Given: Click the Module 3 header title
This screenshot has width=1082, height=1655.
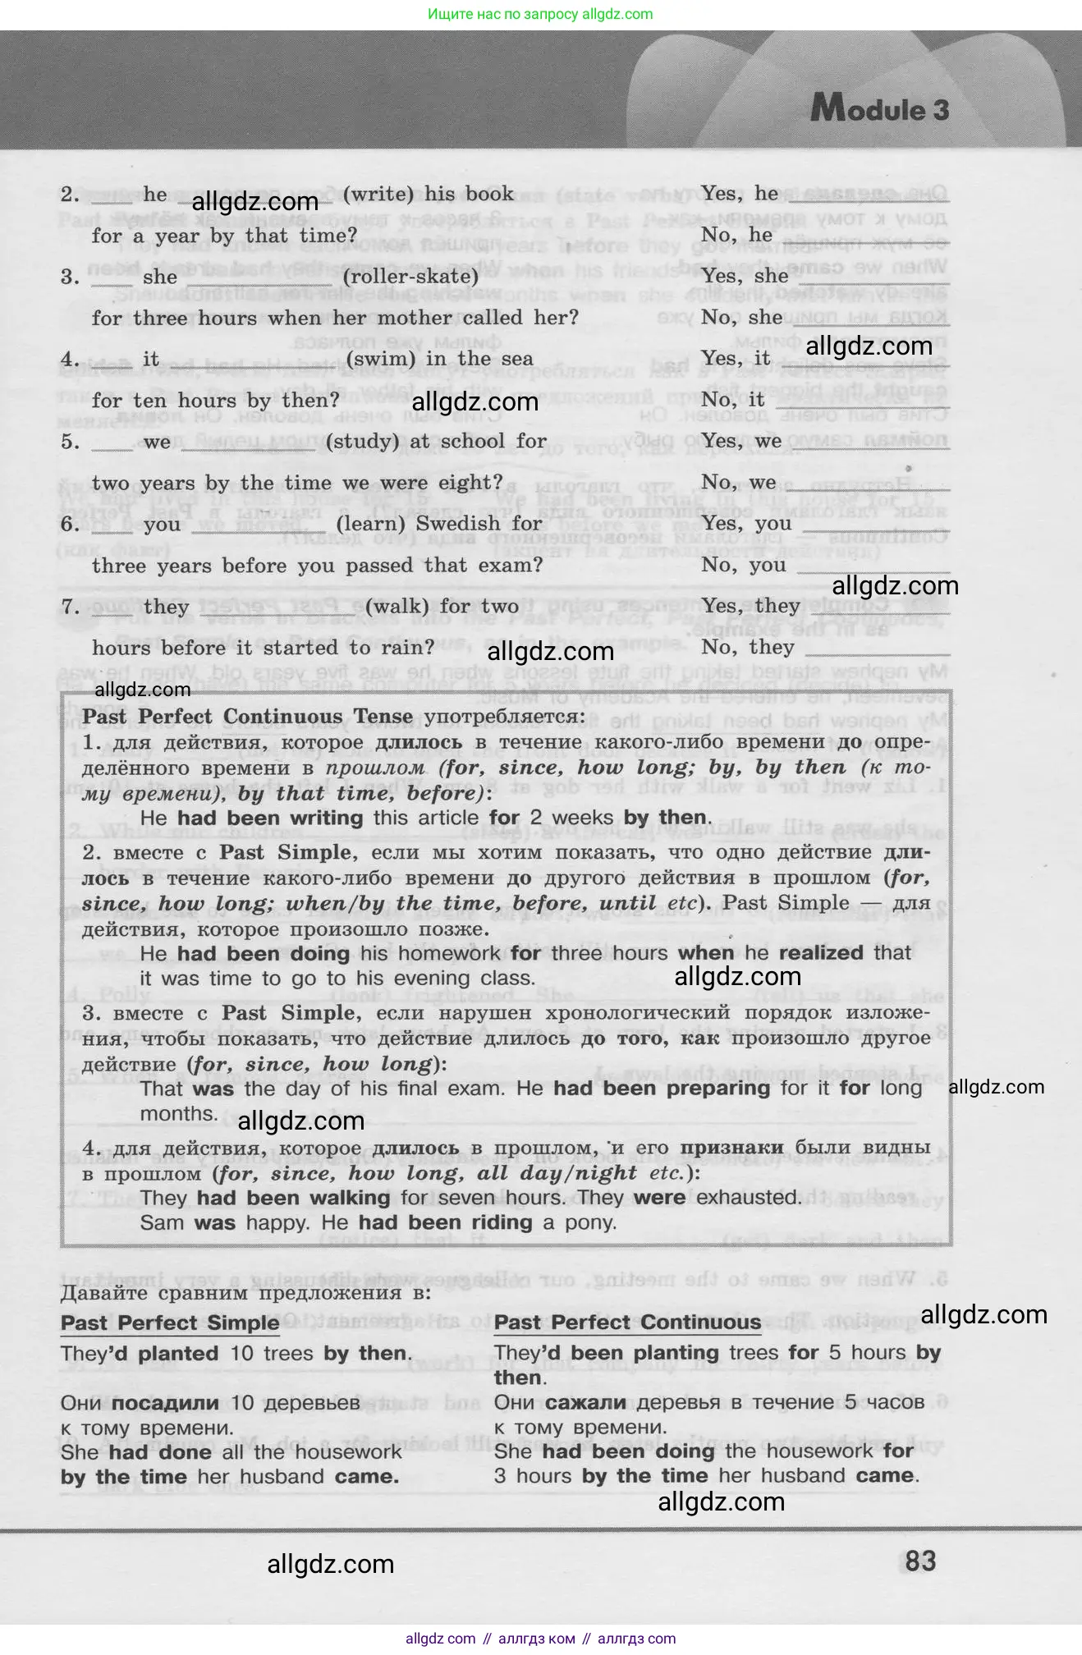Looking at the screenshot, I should coord(879,109).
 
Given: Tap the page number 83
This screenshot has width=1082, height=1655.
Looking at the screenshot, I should coord(919,1561).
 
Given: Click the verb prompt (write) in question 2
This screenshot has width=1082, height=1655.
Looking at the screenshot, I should coord(378,195).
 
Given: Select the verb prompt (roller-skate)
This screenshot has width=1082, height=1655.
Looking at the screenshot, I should coord(410,277).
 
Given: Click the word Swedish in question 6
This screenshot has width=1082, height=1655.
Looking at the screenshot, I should coord(458,524).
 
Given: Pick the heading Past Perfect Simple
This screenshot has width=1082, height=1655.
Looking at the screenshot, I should coord(170,1323).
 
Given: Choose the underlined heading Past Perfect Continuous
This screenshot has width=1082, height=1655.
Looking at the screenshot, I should coord(627,1323).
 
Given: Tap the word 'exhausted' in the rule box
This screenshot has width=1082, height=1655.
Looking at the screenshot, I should coord(748,1198).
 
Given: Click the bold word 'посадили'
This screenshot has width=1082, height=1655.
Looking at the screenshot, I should coord(165,1403).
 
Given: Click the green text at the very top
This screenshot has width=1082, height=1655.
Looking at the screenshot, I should coord(540,14).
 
